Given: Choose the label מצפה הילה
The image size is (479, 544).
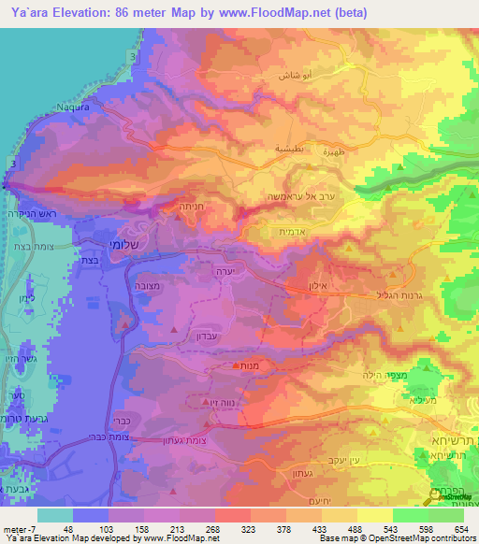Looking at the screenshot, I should [x=374, y=374].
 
